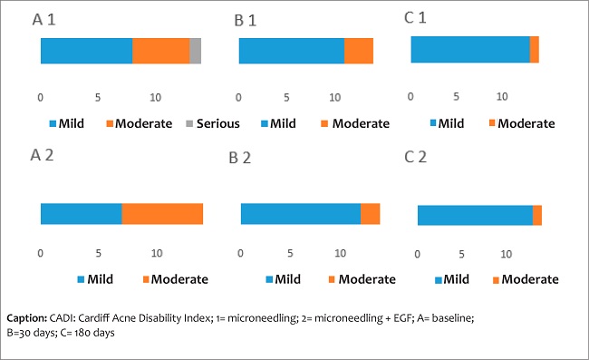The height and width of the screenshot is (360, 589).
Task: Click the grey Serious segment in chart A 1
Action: click(x=195, y=52)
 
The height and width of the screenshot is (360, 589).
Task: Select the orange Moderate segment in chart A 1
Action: click(x=161, y=52)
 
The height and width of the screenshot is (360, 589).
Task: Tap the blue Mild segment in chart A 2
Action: click(x=81, y=214)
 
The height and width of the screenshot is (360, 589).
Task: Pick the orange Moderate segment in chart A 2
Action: click(x=162, y=214)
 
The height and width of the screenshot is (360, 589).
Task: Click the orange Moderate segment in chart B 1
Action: click(x=359, y=52)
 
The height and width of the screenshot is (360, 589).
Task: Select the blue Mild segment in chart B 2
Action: click(x=300, y=214)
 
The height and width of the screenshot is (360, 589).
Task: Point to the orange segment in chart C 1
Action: click(x=535, y=50)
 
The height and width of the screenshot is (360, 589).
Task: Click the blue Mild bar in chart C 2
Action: click(x=475, y=215)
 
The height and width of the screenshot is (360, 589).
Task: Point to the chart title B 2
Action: click(x=240, y=158)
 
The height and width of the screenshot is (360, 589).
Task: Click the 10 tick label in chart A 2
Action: click(x=157, y=253)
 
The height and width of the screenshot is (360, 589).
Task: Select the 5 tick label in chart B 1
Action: click(x=286, y=97)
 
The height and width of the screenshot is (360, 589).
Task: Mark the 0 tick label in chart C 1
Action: click(x=410, y=96)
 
